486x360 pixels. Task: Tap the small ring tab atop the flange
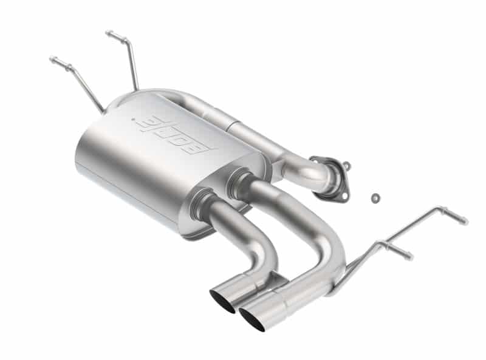[346, 164]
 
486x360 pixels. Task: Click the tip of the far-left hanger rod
[52, 59]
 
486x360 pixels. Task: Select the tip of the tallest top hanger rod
[109, 33]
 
